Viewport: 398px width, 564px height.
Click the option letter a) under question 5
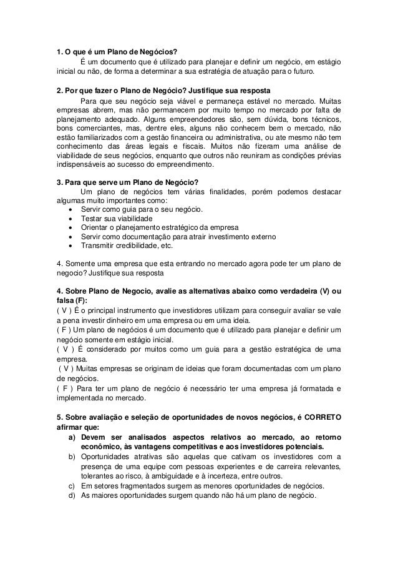72,438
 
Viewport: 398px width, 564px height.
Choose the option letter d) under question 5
72,497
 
